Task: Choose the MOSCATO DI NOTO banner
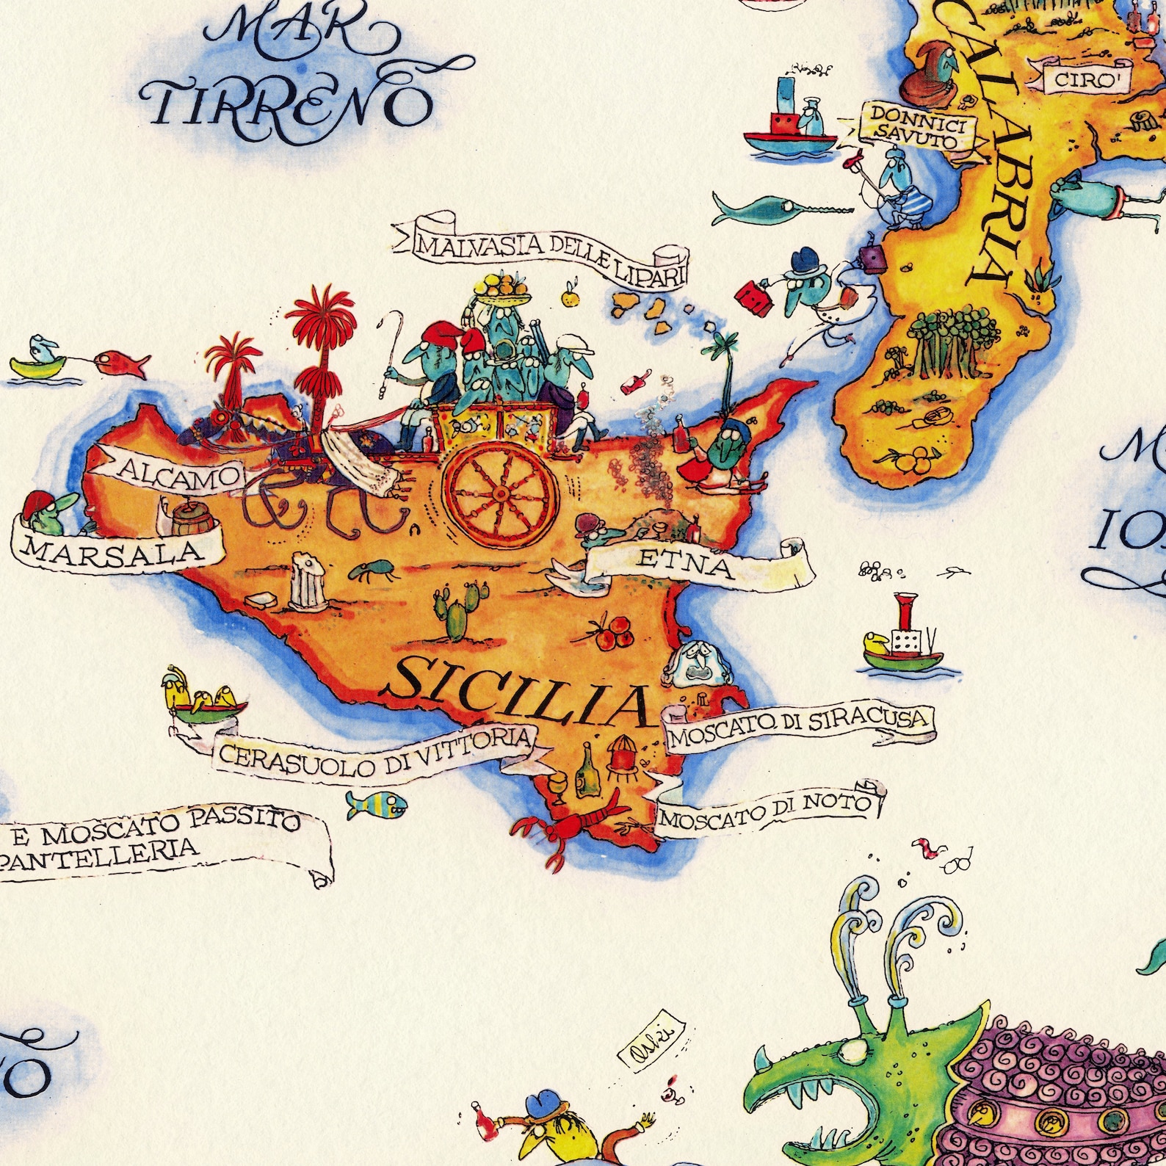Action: click(768, 811)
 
